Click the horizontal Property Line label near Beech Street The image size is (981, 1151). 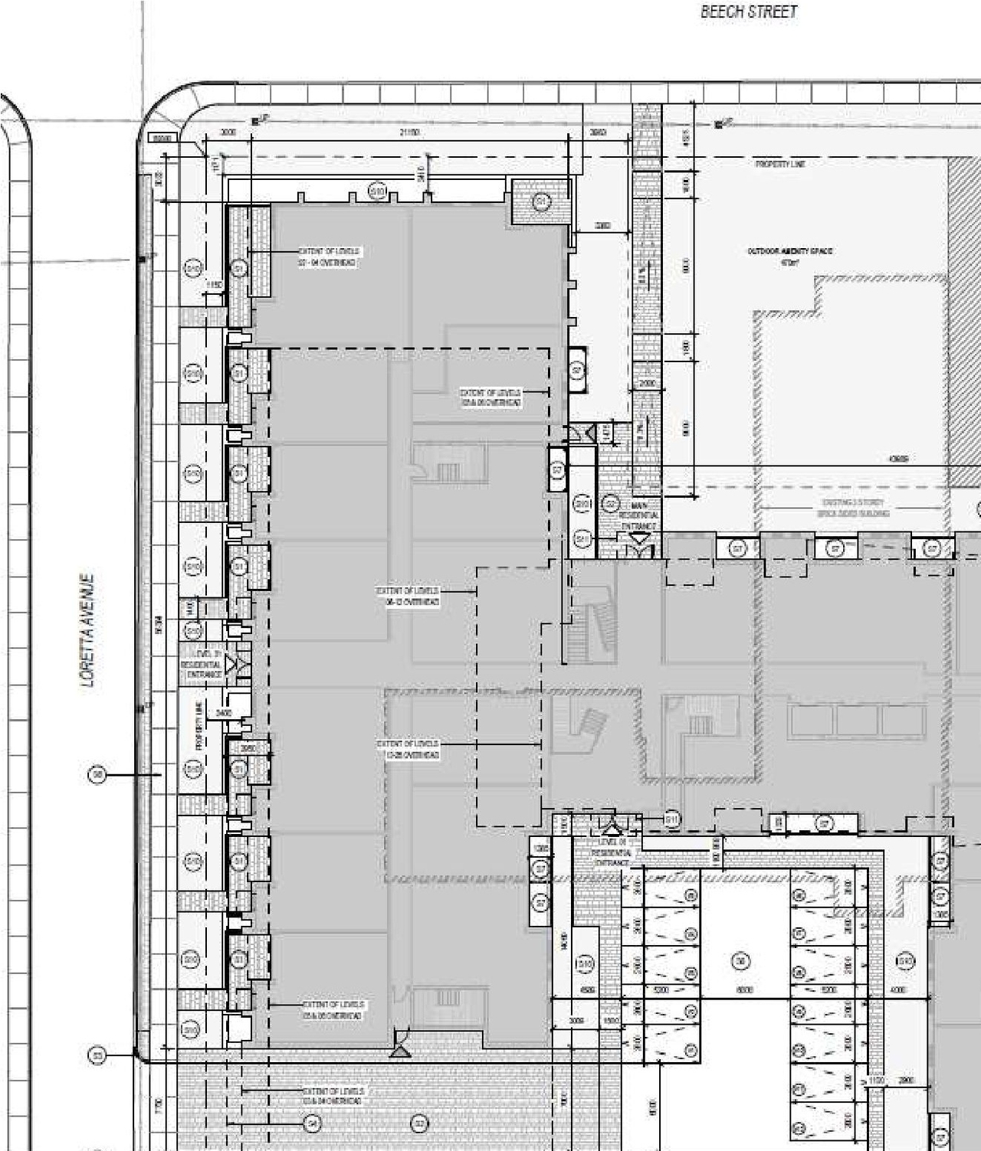(780, 164)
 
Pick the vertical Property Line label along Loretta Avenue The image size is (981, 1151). (198, 728)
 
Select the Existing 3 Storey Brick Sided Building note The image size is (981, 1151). (853, 508)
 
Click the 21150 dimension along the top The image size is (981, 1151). (409, 132)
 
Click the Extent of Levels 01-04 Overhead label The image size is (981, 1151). (328, 257)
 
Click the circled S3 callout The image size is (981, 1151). (97, 1056)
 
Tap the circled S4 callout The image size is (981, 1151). (311, 1123)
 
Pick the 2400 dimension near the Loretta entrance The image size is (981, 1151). (224, 713)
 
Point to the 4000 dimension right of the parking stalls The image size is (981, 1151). (898, 990)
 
